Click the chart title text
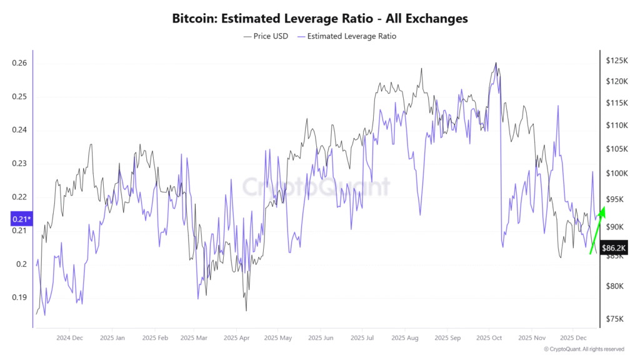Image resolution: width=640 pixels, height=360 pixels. click(x=319, y=18)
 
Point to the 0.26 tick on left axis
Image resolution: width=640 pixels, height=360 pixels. click(x=19, y=63)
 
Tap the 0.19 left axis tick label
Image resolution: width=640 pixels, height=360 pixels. click(x=19, y=297)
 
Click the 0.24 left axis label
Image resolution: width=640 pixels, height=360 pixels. click(x=19, y=130)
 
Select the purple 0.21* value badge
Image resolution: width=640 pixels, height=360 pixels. click(x=21, y=219)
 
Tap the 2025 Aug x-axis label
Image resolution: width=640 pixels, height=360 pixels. click(x=404, y=338)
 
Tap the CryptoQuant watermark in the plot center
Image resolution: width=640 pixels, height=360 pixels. click(x=316, y=186)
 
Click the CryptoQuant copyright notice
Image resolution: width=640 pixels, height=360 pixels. click(x=584, y=349)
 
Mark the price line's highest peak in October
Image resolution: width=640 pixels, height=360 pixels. click(x=496, y=62)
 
